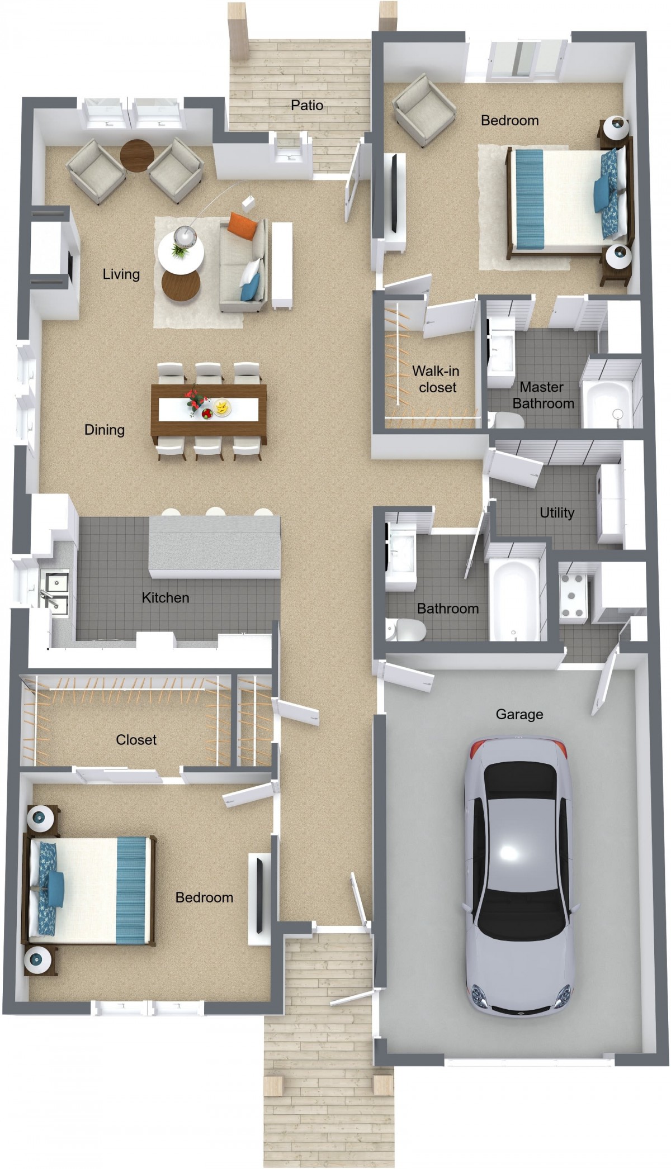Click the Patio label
click(x=307, y=105)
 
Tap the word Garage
click(x=519, y=715)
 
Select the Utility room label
click(x=557, y=513)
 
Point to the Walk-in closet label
click(x=436, y=379)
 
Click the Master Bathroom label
click(x=542, y=395)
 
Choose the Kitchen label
click(x=166, y=598)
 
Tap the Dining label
click(x=105, y=430)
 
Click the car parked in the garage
click(x=519, y=876)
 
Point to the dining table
click(x=209, y=411)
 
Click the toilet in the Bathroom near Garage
click(x=407, y=630)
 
